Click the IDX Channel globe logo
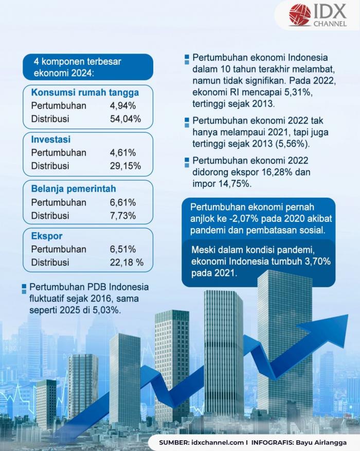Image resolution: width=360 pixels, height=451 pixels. coord(300,15)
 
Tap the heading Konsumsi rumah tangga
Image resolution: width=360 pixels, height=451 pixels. coord(85,93)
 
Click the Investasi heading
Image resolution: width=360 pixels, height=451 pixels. coord(51,140)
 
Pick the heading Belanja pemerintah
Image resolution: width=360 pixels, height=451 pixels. coord(74,188)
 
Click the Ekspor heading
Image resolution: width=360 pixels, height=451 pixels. coord(47,236)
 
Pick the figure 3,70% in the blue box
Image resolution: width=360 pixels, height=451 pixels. coord(313,262)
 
